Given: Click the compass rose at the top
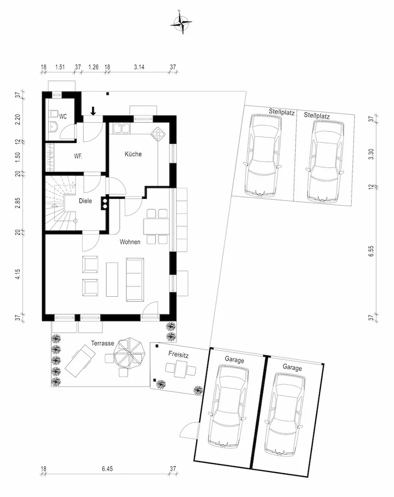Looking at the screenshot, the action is tap(181, 22).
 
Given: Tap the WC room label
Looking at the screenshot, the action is tap(63, 117).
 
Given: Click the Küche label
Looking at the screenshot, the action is tap(133, 154).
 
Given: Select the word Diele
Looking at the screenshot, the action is tap(86, 201).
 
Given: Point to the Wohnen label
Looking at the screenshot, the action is tap(130, 242).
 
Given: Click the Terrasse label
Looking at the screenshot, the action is tap(102, 343).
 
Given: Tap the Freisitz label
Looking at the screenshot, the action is tap(178, 354).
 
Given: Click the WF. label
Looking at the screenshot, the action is tap(78, 156).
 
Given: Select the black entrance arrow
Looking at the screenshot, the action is tap(93, 111).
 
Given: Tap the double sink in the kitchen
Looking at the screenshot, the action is tap(121, 128).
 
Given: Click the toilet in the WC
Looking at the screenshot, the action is tap(54, 113).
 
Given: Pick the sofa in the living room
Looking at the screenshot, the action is tap(135, 279).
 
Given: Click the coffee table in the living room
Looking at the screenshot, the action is tap(112, 279).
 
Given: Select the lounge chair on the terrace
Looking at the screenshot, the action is tap(80, 361).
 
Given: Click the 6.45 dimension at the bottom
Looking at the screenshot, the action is tap(107, 469).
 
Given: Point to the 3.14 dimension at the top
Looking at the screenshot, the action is tap(139, 67).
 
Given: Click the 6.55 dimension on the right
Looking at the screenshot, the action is tap(372, 251).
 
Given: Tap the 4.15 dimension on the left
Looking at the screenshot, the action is tap(18, 274).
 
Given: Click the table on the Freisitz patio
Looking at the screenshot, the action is tap(180, 370).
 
